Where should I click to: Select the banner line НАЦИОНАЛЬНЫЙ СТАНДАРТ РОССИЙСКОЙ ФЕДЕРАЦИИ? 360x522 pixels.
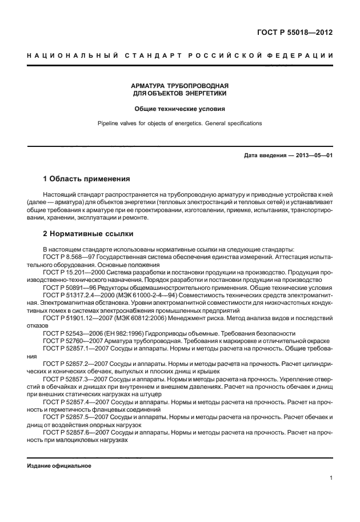pos(180,55)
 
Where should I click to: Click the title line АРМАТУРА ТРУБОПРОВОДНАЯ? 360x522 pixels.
pos(180,85)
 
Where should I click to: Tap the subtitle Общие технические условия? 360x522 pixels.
pos(180,108)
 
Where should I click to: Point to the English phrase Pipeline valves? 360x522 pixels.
pos(119,123)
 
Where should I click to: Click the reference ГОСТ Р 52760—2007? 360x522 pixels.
pos(71,340)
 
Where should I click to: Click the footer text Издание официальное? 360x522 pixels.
pos(59,466)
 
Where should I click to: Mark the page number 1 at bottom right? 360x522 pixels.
pos(331,478)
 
